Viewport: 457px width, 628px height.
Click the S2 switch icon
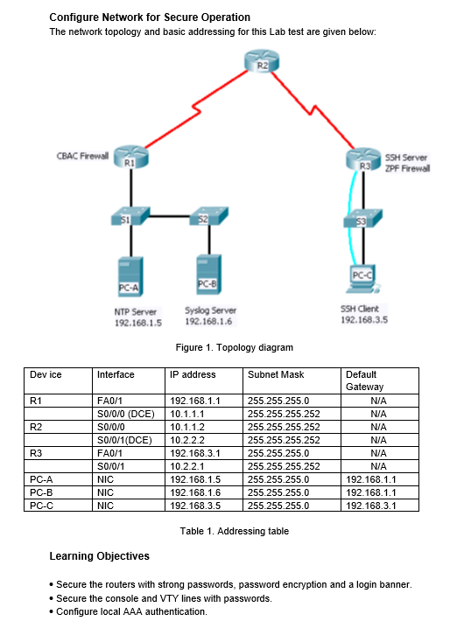pos(209,216)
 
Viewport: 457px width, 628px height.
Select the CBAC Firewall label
pos(83,156)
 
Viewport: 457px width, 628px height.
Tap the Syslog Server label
pos(210,311)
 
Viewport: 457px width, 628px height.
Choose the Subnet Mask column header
pos(275,374)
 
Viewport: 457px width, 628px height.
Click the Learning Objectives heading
pos(99,556)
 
